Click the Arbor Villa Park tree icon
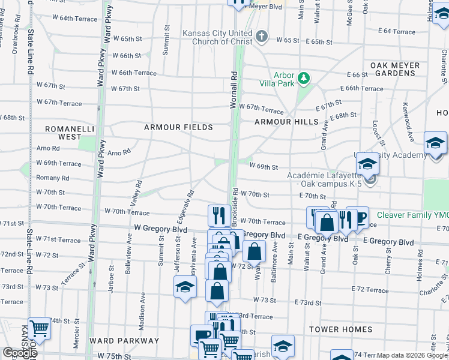coord(304,77)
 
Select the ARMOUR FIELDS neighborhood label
coord(178,127)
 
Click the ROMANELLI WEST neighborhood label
coord(61,133)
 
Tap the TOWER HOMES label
coord(340,329)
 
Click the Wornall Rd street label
coord(234,91)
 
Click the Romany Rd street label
coord(53,178)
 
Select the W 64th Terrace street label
coord(74,19)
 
